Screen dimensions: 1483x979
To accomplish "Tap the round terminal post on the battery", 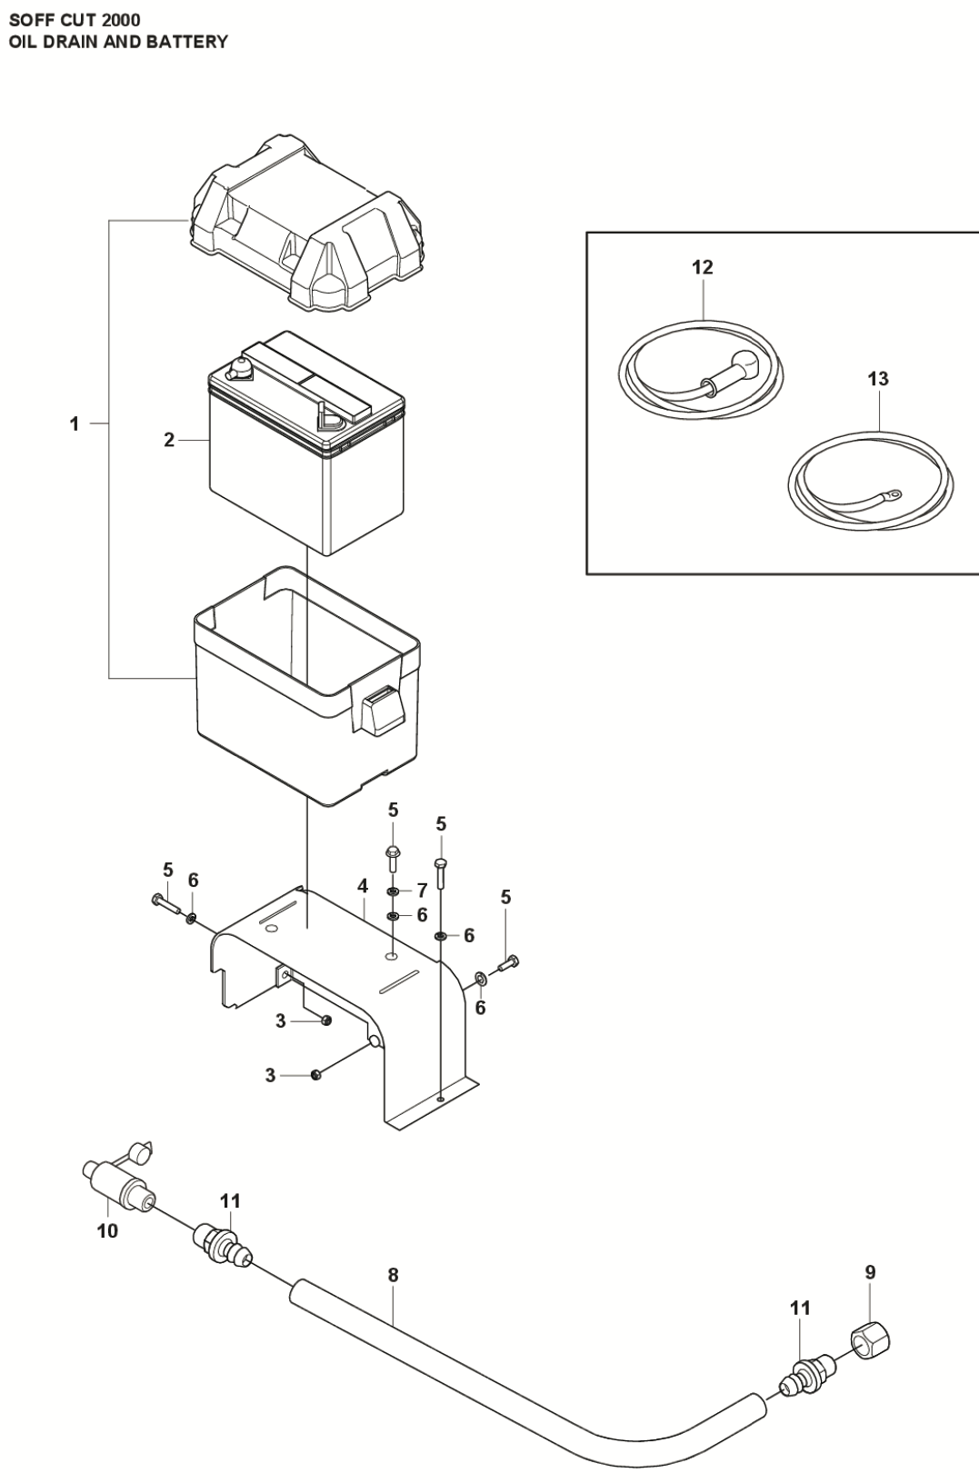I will tap(241, 368).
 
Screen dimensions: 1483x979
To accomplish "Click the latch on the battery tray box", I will tap(382, 709).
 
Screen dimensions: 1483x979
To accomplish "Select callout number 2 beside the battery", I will tap(169, 441).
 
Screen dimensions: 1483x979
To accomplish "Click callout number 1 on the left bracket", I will tap(75, 424).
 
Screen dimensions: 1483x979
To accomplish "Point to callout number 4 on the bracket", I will tap(362, 885).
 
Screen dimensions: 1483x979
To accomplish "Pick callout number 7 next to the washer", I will tap(422, 891).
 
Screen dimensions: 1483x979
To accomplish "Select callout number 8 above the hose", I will tap(393, 1275).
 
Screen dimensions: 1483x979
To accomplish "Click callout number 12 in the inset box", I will tap(703, 267).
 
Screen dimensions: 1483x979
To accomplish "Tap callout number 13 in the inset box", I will tap(877, 378).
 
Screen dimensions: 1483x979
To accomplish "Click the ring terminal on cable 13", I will tap(894, 495).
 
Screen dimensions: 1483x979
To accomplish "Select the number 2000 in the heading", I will tap(122, 19).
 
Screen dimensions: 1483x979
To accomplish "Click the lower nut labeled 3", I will tap(316, 1076).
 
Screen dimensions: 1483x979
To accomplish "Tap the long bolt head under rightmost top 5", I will tap(441, 861).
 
